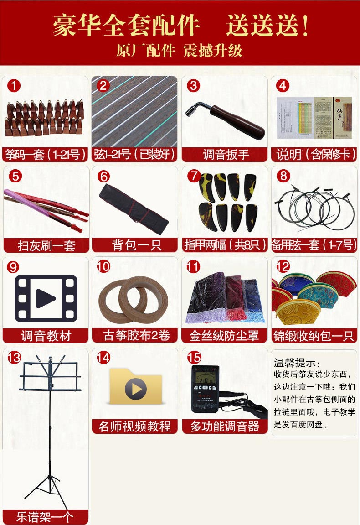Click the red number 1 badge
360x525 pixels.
click(14, 86)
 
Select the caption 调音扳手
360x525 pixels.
click(226, 155)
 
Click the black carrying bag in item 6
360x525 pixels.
click(134, 208)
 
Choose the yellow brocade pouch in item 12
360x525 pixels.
click(298, 312)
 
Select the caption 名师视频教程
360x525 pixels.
click(134, 426)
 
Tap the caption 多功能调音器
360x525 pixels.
click(225, 426)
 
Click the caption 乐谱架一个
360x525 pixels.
click(45, 517)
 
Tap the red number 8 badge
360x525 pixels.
click(283, 176)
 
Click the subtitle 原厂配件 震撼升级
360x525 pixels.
click(180, 51)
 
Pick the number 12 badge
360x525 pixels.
click(283, 266)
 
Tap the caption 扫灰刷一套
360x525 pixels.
click(46, 245)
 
